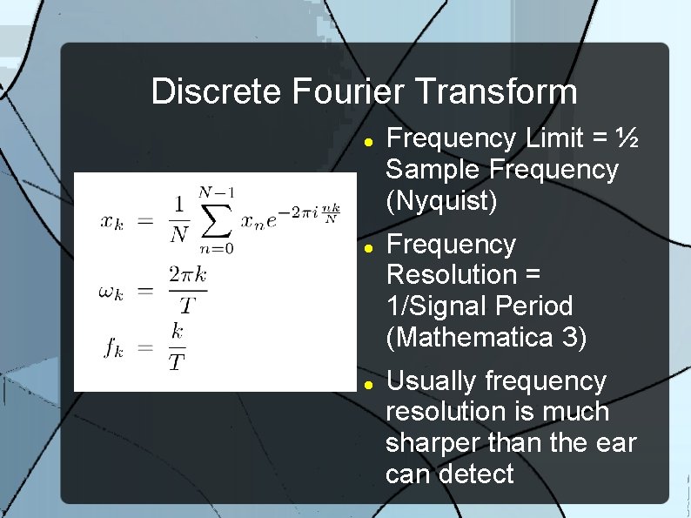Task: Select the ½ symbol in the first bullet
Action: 628,138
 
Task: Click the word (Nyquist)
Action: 441,200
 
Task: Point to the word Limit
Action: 558,138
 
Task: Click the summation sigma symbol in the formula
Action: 217,221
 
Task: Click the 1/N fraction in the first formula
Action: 178,220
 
